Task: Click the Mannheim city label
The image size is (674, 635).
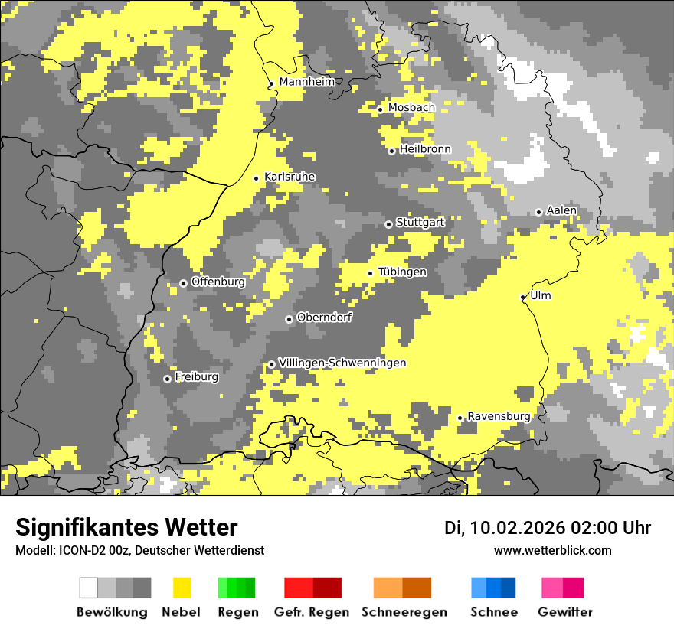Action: click(306, 82)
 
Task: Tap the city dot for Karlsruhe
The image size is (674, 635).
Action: click(257, 178)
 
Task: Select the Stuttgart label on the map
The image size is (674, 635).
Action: click(420, 223)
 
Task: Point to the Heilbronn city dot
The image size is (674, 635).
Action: click(391, 151)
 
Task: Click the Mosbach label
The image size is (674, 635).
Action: click(411, 108)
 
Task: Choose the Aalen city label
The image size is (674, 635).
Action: click(561, 210)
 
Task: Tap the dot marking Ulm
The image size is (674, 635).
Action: click(523, 297)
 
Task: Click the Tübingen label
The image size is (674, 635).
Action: click(402, 272)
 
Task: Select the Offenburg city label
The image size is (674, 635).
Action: click(218, 282)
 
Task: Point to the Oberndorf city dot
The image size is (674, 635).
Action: click(289, 319)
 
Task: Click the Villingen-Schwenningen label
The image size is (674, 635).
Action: click(342, 363)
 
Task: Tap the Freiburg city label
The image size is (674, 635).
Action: click(197, 377)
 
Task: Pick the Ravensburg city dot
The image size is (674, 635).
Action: click(460, 418)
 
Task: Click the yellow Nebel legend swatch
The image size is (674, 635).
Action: click(182, 588)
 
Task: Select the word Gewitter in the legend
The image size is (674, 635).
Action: click(565, 612)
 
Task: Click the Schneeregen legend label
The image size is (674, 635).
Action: click(404, 612)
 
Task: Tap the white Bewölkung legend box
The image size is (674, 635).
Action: click(89, 588)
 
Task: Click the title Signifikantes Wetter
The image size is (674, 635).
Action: click(126, 528)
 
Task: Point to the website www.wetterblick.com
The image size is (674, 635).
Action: click(552, 551)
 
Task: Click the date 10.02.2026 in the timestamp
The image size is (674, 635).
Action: click(518, 528)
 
